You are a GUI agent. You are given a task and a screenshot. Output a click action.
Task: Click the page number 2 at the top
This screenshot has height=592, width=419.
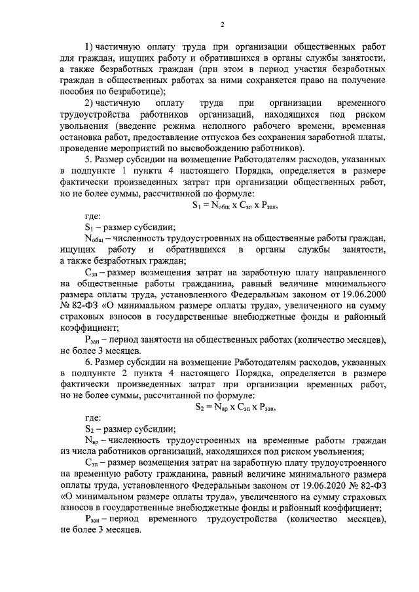pos(222,25)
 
